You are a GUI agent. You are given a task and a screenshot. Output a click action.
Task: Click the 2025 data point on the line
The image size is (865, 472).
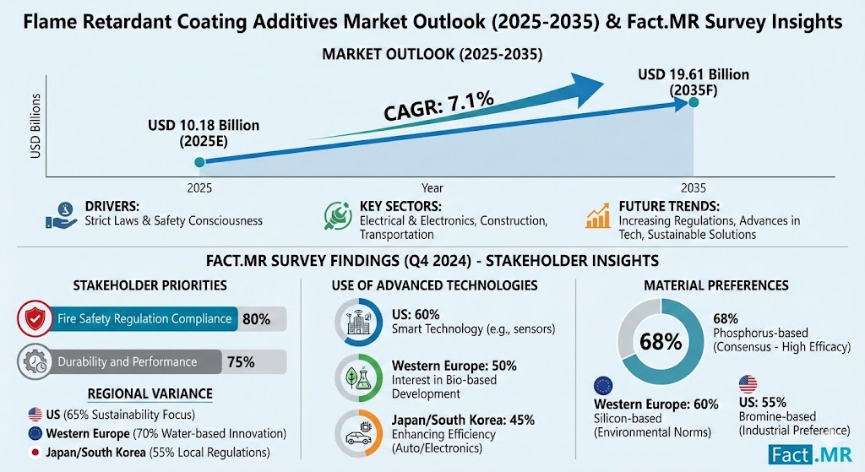[199, 162]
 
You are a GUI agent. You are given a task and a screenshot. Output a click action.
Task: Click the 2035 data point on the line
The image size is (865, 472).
[693, 102]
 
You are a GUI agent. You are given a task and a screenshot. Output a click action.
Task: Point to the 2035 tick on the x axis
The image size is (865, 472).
[693, 187]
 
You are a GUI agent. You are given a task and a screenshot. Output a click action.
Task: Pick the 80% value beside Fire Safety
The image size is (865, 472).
[256, 319]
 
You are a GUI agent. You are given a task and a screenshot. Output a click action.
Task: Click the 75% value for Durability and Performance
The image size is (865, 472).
[241, 361]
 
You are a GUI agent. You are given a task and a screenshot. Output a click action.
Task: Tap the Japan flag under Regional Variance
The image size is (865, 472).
[35, 452]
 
